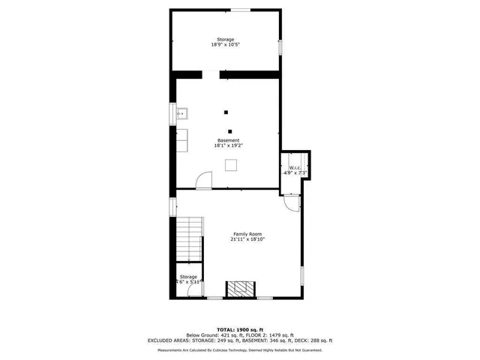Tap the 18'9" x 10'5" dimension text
click(x=225, y=45)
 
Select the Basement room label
click(x=229, y=140)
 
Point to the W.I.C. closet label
click(x=295, y=167)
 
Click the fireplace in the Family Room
click(x=241, y=289)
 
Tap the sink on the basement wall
click(x=181, y=114)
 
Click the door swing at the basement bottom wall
click(x=203, y=181)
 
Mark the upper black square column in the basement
click(x=225, y=112)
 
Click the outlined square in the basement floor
click(x=233, y=165)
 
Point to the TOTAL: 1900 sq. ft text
click(x=240, y=329)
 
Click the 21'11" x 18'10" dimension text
click(x=247, y=239)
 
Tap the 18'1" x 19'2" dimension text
click(x=228, y=145)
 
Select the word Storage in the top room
click(x=225, y=39)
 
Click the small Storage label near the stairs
click(x=188, y=277)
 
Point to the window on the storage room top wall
click(x=240, y=10)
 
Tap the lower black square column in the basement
click(x=231, y=130)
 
